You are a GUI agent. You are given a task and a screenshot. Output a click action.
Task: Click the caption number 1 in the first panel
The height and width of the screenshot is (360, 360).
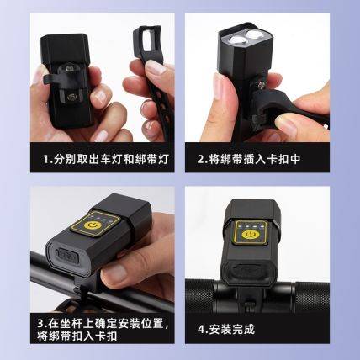pos(46,159)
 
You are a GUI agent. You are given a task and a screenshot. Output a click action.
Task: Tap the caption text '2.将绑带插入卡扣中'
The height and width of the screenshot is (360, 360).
pos(249,159)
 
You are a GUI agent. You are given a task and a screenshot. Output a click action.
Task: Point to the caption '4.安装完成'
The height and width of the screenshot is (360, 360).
pos(226,329)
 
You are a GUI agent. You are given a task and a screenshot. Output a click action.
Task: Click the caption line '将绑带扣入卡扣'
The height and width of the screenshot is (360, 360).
pos(77,336)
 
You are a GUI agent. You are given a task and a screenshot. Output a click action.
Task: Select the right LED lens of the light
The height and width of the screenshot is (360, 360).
pos(255,34)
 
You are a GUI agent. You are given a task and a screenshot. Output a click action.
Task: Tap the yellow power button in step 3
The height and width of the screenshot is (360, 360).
pos(93,225)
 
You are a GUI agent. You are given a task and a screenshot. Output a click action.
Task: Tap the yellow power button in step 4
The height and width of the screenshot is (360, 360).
pos(249,234)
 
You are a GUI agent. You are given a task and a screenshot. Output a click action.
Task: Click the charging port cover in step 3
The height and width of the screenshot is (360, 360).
pos(67,256)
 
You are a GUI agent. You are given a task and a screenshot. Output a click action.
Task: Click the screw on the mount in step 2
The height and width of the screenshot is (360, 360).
pos(262,84)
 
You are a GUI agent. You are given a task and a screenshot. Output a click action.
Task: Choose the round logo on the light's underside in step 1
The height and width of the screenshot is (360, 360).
pos(71,98)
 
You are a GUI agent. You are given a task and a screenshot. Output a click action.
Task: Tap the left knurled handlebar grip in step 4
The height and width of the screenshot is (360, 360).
pos(199,295)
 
